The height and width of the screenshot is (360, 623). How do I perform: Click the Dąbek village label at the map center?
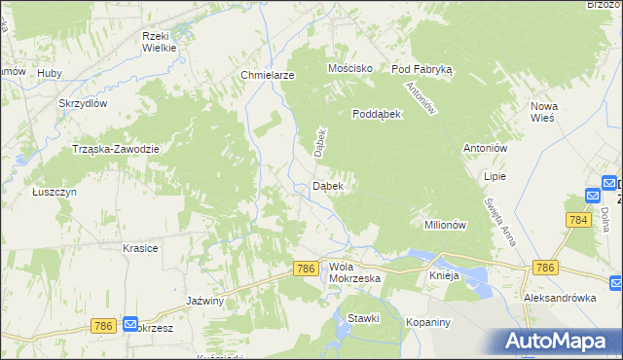coord(327,186)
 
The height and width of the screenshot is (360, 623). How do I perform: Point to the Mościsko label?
coord(350,68)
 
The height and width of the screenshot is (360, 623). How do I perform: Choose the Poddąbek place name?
coord(377,113)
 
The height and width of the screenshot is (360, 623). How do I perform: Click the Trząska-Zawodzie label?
coord(116,148)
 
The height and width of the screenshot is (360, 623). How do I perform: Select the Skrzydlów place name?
coord(82,103)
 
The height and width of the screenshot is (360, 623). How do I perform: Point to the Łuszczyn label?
coord(54,192)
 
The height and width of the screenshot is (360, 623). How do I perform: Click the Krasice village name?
coord(140,248)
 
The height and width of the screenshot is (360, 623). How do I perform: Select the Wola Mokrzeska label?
coord(354,271)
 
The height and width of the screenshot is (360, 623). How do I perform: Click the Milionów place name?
coord(447,224)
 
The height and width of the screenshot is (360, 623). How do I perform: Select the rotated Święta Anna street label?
coord(499,219)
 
